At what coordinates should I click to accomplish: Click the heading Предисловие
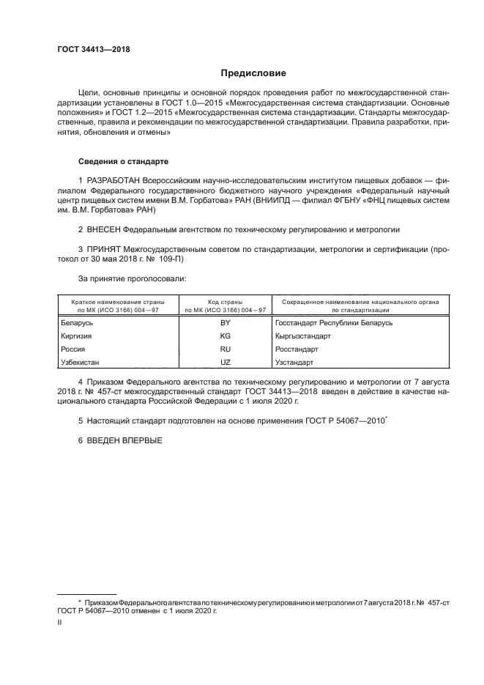(253, 73)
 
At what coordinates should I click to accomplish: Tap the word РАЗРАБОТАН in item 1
(118, 180)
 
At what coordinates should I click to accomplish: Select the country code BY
(225, 323)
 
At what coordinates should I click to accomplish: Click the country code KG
(225, 336)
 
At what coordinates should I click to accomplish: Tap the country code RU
(225, 349)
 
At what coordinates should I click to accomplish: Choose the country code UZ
(225, 363)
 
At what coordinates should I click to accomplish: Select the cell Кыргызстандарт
(302, 336)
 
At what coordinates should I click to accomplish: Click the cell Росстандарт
(296, 349)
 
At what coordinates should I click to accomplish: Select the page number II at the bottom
(59, 622)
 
